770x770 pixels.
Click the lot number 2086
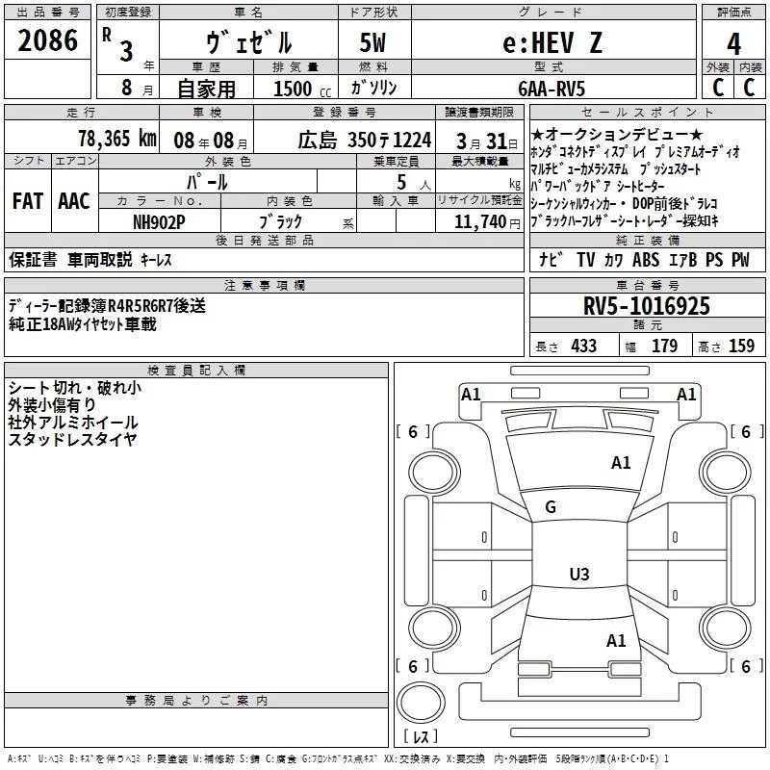[x=48, y=41]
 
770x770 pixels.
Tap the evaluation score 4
[x=734, y=44]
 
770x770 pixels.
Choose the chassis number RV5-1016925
[x=647, y=306]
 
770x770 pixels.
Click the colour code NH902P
[x=159, y=220]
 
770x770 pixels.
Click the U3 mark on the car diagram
[x=578, y=575]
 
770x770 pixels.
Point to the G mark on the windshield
[x=551, y=506]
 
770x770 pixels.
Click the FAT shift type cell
[x=28, y=200]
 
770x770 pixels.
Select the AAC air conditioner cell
[x=74, y=200]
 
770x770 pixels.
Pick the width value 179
[x=665, y=346]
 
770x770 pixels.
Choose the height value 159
[x=742, y=346]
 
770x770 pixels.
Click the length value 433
[x=583, y=346]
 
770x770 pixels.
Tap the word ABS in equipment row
[x=647, y=259]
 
